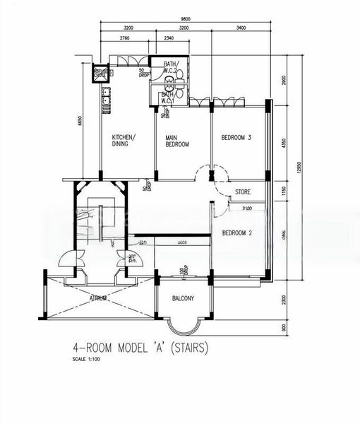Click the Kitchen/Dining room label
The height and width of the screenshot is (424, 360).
124,141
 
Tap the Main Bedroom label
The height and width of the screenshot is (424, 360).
177,141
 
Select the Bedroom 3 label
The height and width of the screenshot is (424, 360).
236,137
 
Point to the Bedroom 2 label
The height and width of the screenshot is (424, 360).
236,232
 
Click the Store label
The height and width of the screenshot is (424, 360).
243,192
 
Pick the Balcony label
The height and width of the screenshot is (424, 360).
184,299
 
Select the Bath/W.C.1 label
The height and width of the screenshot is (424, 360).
168,98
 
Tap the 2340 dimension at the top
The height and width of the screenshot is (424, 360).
169,37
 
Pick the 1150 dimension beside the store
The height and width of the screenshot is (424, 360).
284,191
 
